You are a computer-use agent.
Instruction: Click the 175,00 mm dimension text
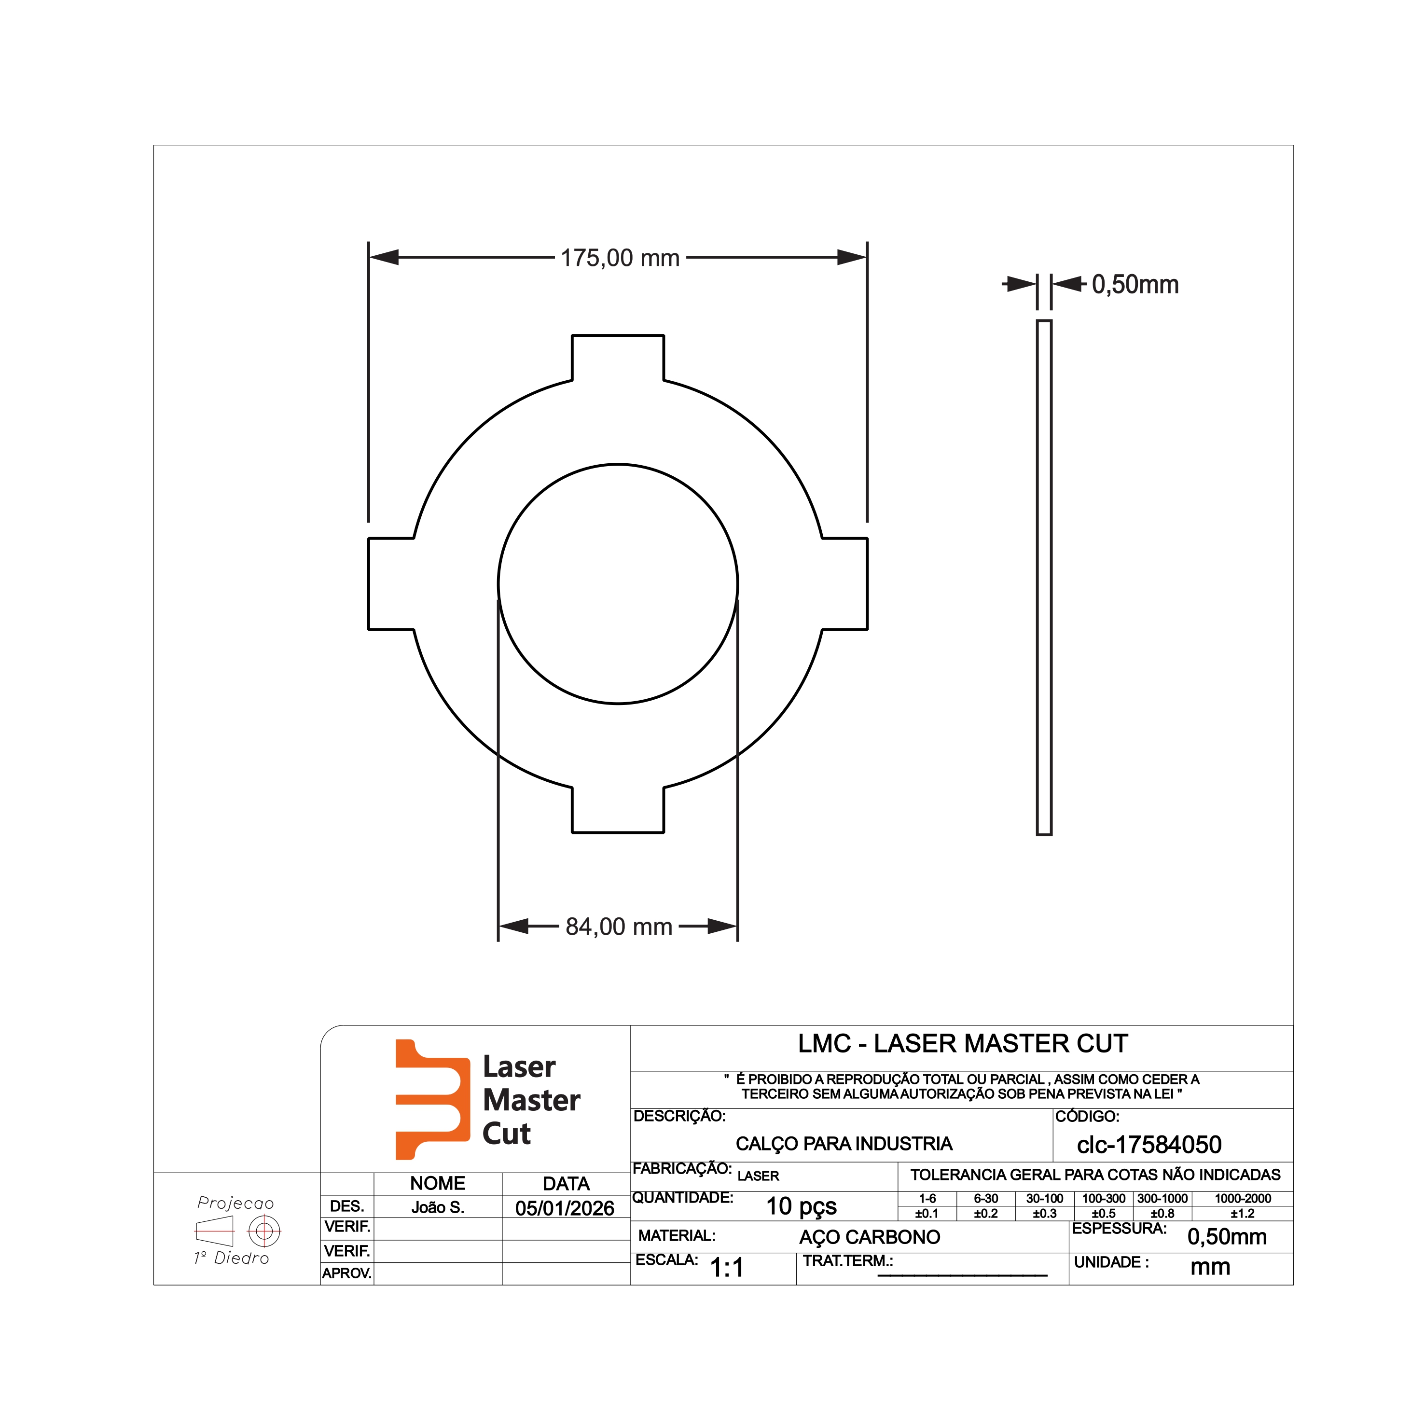pyautogui.click(x=620, y=258)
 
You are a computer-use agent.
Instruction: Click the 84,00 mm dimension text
pyautogui.click(x=619, y=927)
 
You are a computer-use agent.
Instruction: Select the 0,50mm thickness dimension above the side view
pyautogui.click(x=1134, y=285)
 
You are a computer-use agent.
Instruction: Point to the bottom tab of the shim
pyautogui.click(x=618, y=810)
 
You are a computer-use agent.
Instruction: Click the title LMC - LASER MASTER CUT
pyautogui.click(x=963, y=1044)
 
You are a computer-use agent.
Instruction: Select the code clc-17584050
pyautogui.click(x=1149, y=1145)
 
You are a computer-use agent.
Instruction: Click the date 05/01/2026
pyautogui.click(x=565, y=1208)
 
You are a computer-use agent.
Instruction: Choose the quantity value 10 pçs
pyautogui.click(x=801, y=1206)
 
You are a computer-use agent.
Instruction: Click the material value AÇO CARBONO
pyautogui.click(x=870, y=1237)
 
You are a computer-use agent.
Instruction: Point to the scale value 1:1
pyautogui.click(x=727, y=1267)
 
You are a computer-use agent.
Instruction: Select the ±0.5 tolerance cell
pyautogui.click(x=1104, y=1213)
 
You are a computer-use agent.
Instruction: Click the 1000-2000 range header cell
pyautogui.click(x=1243, y=1199)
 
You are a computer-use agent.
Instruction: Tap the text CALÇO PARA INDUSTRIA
pyautogui.click(x=844, y=1144)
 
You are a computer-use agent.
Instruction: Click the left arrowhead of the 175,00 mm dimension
pyautogui.click(x=384, y=257)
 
